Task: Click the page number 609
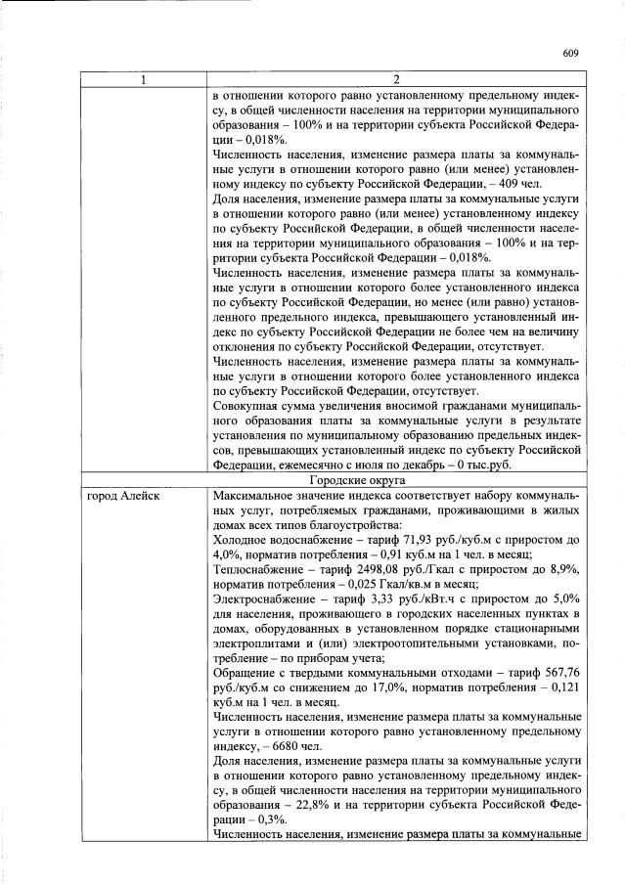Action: coord(572,54)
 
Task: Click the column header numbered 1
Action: coord(144,79)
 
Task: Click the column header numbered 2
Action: coord(396,79)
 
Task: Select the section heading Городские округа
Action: coord(396,479)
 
